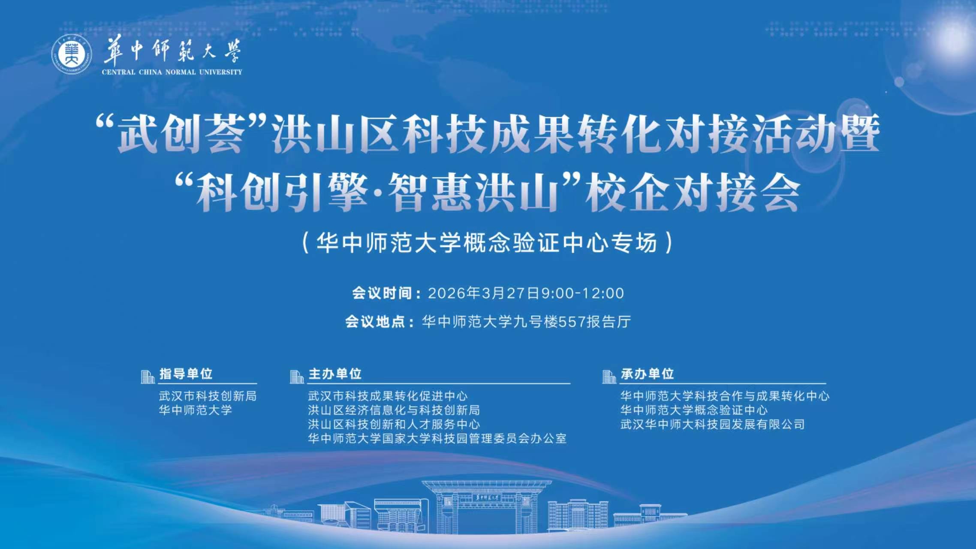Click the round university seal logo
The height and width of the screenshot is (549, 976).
tap(72, 54)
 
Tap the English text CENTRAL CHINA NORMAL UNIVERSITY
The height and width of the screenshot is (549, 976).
tap(172, 72)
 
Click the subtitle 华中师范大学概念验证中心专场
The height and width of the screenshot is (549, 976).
tap(487, 242)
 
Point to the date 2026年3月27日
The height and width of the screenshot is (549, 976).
tap(484, 293)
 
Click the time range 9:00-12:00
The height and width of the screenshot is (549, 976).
tap(583, 293)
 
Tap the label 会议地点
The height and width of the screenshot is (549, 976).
tap(375, 322)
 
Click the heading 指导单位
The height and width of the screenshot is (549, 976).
tap(186, 374)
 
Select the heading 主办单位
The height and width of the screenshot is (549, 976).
tap(335, 374)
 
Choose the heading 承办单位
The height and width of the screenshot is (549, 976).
tap(647, 374)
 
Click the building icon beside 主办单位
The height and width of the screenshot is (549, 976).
tap(296, 377)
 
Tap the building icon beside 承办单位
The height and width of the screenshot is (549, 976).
tap(609, 377)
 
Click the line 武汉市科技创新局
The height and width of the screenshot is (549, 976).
tap(208, 396)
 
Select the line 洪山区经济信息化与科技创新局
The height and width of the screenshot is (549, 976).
tap(394, 410)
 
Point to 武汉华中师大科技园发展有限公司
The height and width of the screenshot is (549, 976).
tap(712, 425)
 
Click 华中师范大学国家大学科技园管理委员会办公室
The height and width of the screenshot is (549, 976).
tap(437, 439)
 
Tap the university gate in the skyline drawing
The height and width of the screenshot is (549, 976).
tap(487, 506)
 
